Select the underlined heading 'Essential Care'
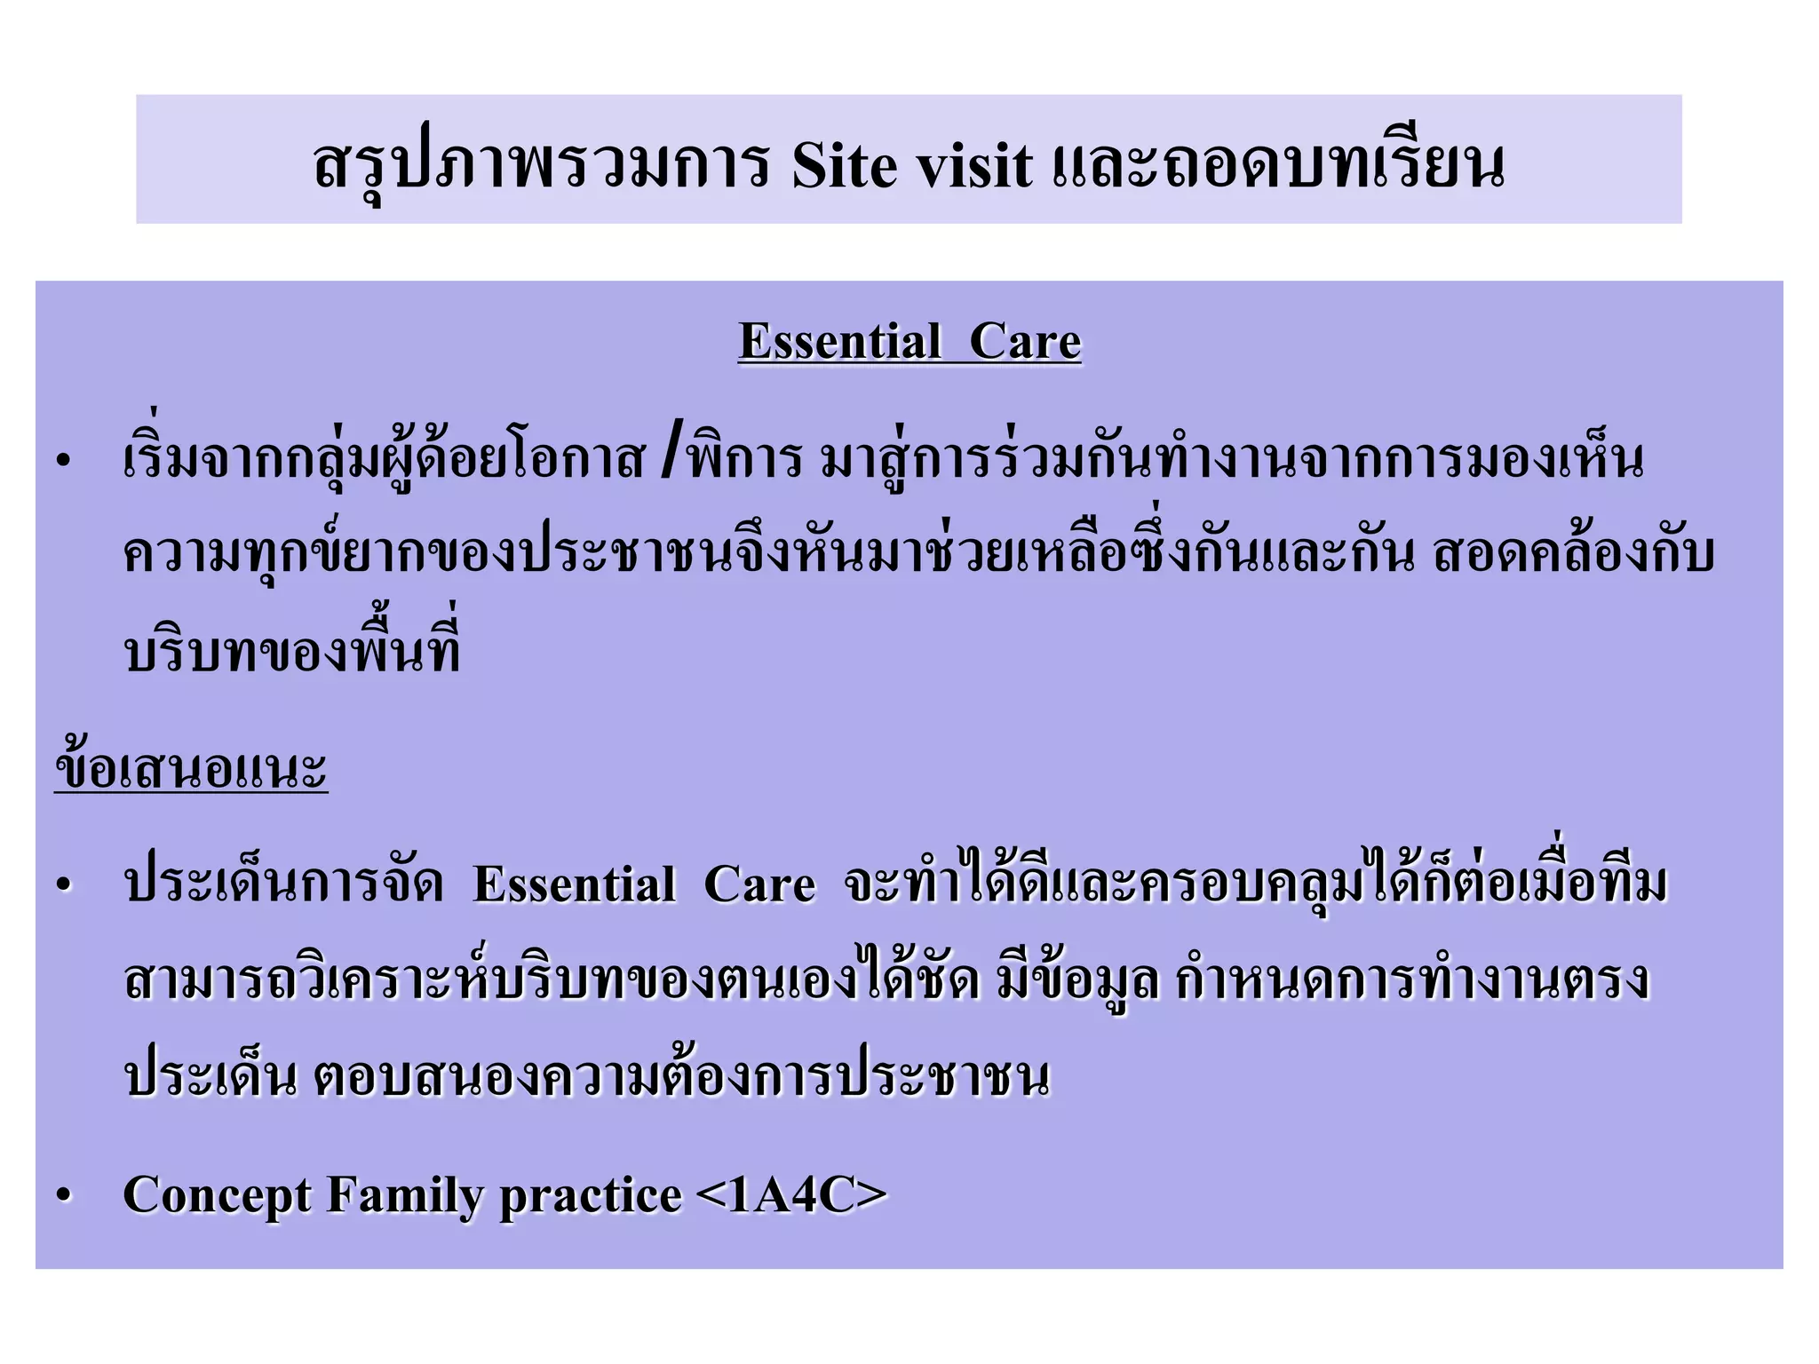pyautogui.click(x=909, y=341)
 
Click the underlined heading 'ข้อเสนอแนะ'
pyautogui.click(x=191, y=769)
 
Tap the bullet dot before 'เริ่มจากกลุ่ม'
pyautogui.click(x=62, y=460)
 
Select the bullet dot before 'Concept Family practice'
pyautogui.click(x=62, y=1195)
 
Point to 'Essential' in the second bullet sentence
pyautogui.click(x=574, y=884)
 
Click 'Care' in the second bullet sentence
pyautogui.click(x=759, y=884)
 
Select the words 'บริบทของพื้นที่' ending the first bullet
pyautogui.click(x=293, y=652)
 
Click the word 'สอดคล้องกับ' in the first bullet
pyautogui.click(x=1572, y=554)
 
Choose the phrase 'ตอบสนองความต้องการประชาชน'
pyautogui.click(x=681, y=1078)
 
